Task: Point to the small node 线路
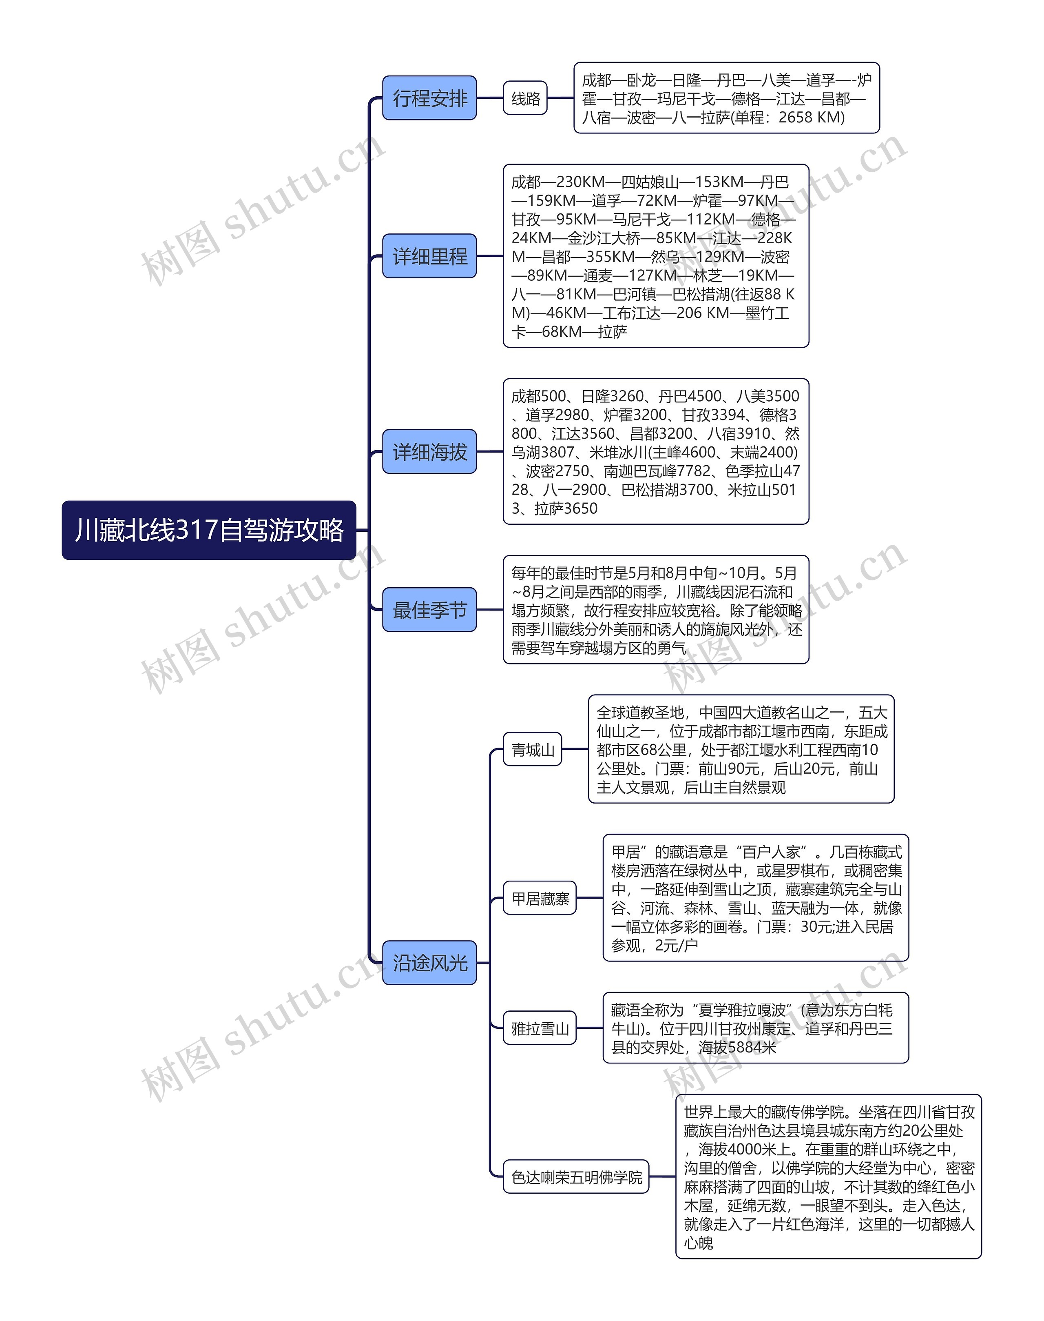pos(525,98)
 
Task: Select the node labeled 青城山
pos(532,749)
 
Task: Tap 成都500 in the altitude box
pos(538,396)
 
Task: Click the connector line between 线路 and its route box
pos(560,98)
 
